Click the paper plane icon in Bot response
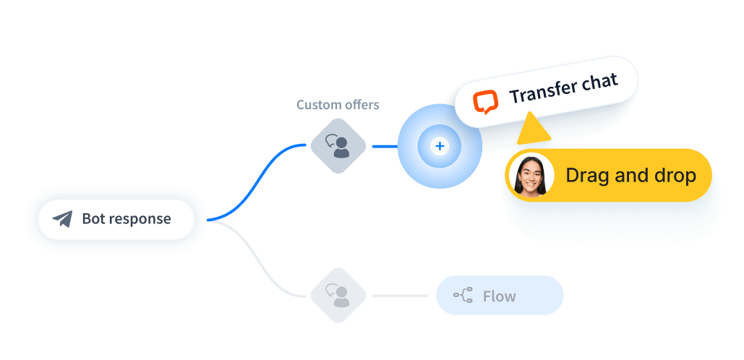63,219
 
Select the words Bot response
127,218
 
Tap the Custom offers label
338,105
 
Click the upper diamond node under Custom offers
338,146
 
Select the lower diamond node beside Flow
338,296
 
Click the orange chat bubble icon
486,102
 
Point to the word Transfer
545,92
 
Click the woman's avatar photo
531,176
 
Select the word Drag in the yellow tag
586,176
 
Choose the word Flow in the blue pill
500,296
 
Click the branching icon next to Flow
463,295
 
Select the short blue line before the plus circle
384,146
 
